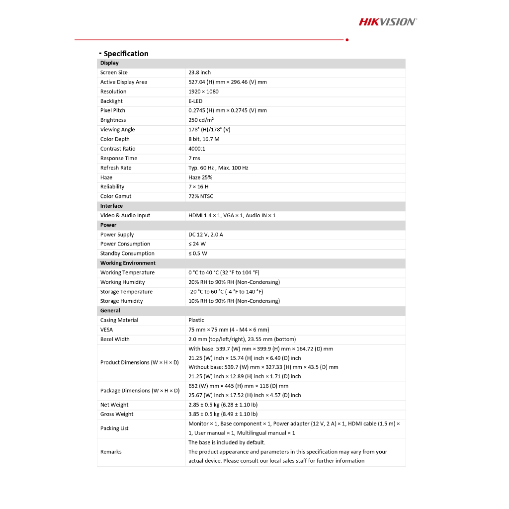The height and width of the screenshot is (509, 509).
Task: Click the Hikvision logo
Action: point(388,21)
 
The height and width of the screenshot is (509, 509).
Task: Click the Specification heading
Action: point(126,54)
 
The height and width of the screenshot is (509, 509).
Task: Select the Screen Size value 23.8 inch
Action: point(199,73)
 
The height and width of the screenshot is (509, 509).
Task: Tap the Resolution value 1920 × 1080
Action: point(203,91)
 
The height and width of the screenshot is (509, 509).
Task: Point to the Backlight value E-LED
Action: point(195,101)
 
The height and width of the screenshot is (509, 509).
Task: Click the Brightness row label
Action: point(113,120)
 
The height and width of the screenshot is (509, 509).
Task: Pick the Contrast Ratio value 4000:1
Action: point(197,149)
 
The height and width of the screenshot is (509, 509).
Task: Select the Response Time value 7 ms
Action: point(194,158)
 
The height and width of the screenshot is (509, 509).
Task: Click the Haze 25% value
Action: point(200,177)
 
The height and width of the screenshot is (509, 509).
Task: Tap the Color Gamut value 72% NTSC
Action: point(201,196)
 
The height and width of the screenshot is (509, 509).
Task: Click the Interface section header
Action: point(111,206)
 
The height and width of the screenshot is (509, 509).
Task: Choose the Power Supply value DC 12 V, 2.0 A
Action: point(206,235)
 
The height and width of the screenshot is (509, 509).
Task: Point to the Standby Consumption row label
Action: point(127,254)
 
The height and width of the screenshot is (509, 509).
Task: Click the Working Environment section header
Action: point(128,263)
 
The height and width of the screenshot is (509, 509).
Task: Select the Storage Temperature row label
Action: point(126,292)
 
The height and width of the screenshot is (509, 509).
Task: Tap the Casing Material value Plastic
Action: point(196,320)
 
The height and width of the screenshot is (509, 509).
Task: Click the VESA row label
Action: point(106,330)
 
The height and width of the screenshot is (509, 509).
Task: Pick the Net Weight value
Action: point(223,405)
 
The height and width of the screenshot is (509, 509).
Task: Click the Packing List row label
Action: point(114,428)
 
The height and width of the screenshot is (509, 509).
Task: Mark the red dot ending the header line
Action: point(347,40)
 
